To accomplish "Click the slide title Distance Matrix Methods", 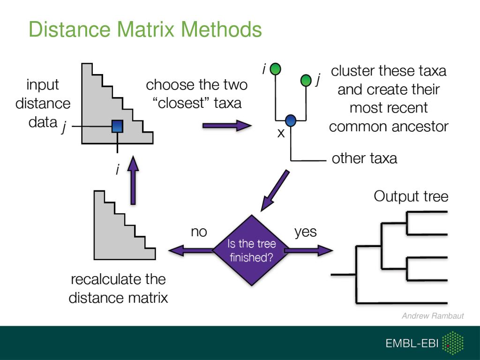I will pos(145,29).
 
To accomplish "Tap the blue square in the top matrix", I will pos(117,127).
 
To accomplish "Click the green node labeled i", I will pos(276,69).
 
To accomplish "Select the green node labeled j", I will pos(306,81).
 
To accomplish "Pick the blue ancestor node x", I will pos(291,120).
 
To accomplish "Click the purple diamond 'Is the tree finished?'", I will pos(251,250).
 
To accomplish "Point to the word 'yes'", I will pos(305,232).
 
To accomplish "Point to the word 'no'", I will pos(199,232).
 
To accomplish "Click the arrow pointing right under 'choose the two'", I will pos(227,125).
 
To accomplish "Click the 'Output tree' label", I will pos(411,196).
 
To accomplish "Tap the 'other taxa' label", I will pos(364,158).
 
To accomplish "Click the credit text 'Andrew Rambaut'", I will pos(432,316).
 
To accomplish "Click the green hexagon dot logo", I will pos(453,343).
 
